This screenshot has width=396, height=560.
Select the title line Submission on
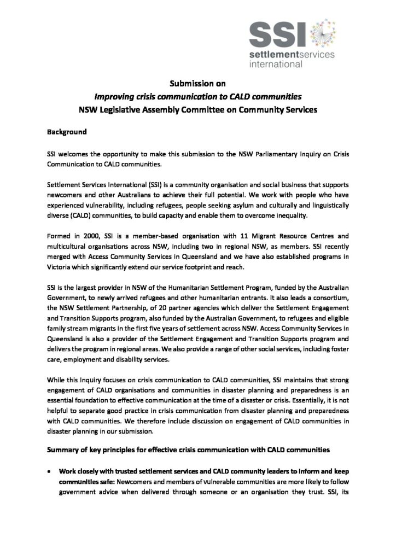point(197,84)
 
